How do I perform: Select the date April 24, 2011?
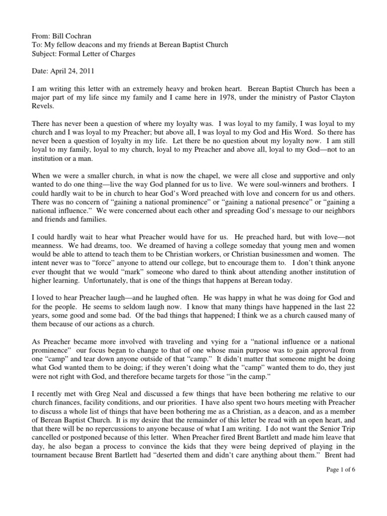point(73,72)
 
